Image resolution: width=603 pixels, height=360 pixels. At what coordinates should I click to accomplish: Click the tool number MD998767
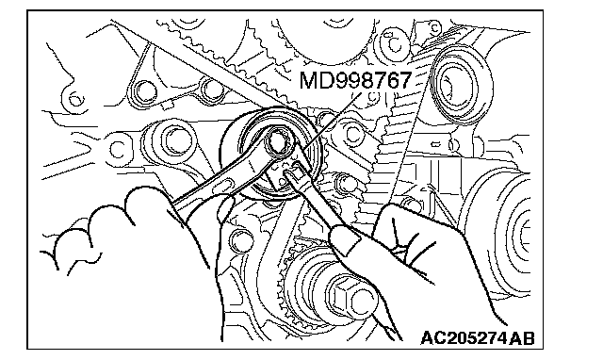[x=355, y=80]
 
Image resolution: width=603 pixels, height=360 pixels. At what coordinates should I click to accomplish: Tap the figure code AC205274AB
[x=478, y=338]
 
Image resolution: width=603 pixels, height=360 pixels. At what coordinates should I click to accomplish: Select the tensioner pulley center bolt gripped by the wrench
[x=278, y=142]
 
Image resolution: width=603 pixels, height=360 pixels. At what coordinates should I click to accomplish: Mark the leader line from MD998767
[x=332, y=120]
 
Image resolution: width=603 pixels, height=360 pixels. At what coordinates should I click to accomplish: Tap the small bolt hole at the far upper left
[x=74, y=100]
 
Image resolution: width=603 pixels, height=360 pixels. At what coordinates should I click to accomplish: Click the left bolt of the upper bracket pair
[x=145, y=92]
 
